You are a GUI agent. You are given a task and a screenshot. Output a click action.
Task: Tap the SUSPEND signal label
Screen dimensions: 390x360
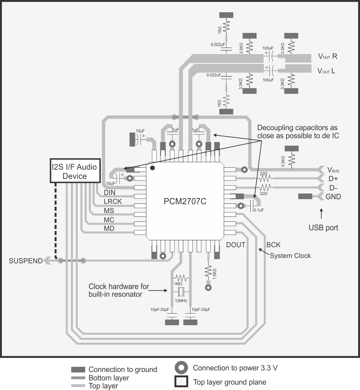(x=26, y=261)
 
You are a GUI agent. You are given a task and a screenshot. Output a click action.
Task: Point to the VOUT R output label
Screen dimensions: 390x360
(x=327, y=56)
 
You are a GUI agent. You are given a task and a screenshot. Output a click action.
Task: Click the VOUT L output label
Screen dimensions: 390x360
(x=327, y=71)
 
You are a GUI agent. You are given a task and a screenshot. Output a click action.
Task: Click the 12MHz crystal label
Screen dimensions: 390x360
(x=181, y=301)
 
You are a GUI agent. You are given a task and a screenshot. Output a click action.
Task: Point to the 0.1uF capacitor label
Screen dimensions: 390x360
(x=259, y=210)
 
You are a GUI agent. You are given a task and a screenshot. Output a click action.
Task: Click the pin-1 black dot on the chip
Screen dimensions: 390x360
(x=152, y=168)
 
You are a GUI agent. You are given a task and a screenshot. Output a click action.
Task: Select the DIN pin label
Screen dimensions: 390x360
(x=110, y=192)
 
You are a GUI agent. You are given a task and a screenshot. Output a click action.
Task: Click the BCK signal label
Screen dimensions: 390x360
(x=273, y=245)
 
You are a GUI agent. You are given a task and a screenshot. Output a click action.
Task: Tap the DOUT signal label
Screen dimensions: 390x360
(x=235, y=245)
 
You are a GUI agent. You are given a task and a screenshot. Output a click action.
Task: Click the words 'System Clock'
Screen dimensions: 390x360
(x=290, y=256)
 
